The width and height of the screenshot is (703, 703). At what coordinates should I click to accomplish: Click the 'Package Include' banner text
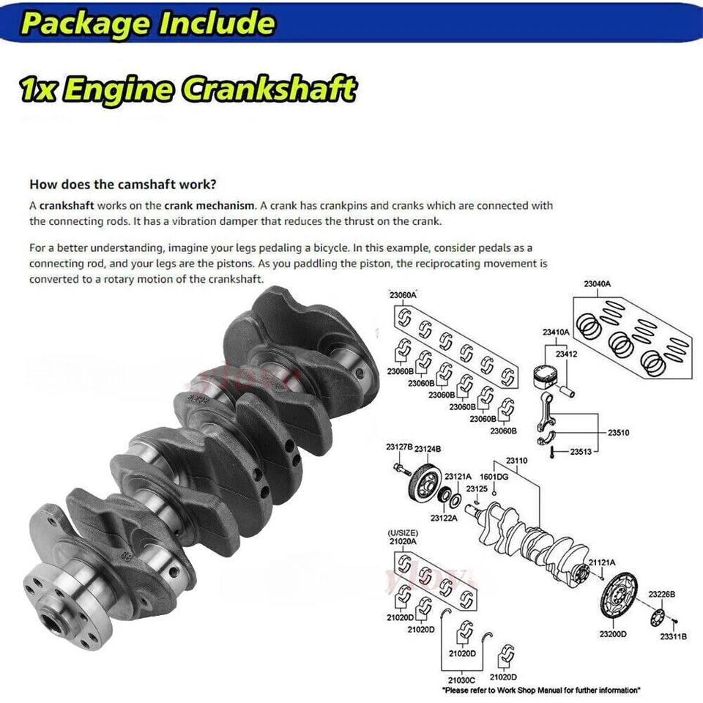click(147, 23)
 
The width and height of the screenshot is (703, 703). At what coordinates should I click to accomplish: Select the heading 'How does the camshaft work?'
click(122, 185)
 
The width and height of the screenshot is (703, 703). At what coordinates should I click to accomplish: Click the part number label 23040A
click(597, 283)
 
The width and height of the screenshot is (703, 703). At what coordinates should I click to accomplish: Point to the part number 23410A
click(556, 332)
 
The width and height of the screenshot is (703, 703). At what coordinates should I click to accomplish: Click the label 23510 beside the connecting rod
click(618, 433)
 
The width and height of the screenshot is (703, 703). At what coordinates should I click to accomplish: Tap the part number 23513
click(581, 452)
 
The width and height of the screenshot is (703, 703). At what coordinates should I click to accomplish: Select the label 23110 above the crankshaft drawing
click(516, 461)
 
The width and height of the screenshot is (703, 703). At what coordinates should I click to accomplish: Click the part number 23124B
click(427, 447)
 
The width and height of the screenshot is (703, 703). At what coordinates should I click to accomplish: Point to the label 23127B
click(399, 447)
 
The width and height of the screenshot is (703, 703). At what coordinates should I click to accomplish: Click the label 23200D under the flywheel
click(612, 633)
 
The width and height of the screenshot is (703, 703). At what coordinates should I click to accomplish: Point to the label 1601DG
click(494, 477)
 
